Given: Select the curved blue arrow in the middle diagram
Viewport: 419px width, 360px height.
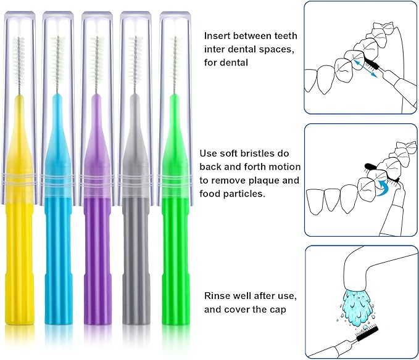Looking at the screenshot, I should [x=384, y=186].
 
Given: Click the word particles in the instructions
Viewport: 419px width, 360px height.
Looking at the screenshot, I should [x=247, y=194].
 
